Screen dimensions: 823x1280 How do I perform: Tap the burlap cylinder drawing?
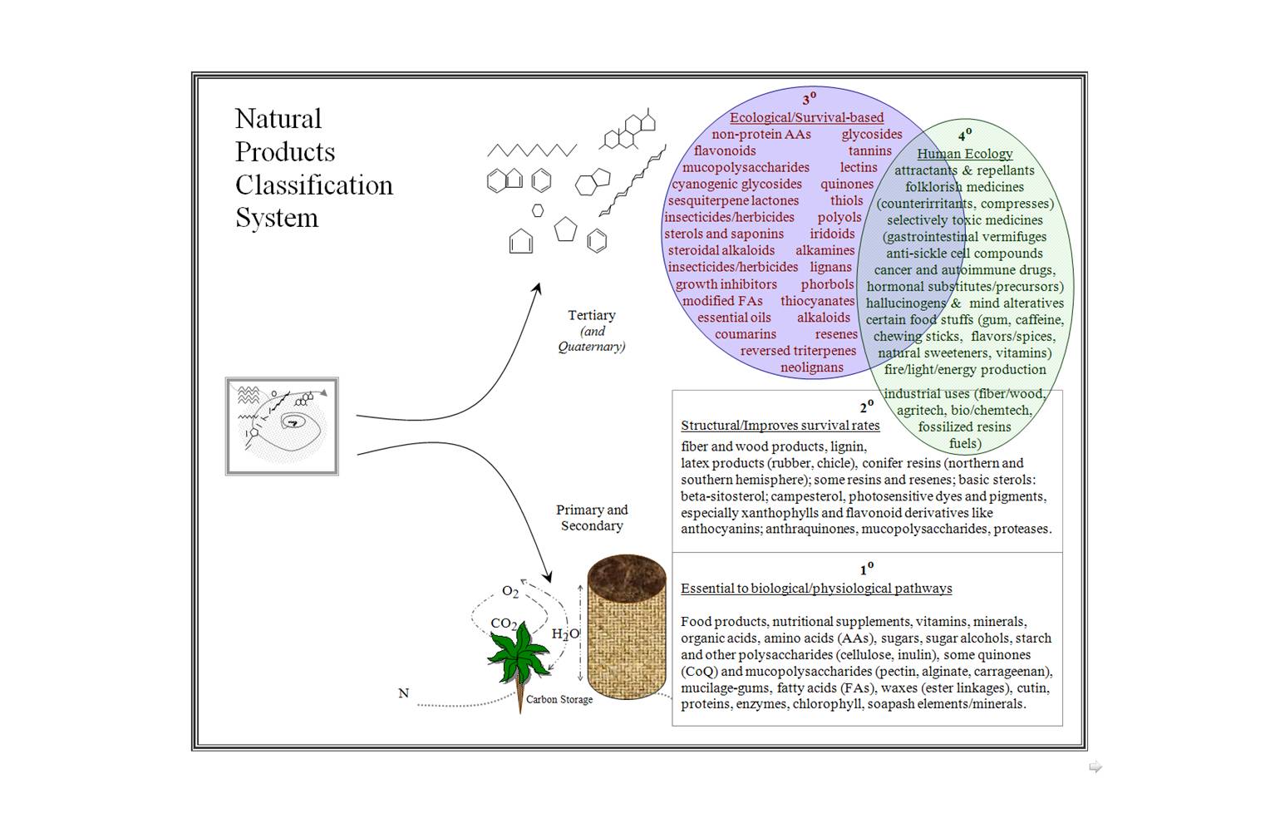pyautogui.click(x=626, y=629)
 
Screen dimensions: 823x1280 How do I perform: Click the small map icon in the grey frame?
pyautogui.click(x=282, y=426)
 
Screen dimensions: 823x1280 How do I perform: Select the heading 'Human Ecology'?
pyautogui.click(x=964, y=154)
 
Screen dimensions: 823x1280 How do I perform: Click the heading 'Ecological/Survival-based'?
pyautogui.click(x=806, y=118)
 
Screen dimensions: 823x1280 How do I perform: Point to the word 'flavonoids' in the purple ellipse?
pyautogui.click(x=725, y=151)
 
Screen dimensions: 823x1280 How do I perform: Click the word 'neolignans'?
pyautogui.click(x=811, y=367)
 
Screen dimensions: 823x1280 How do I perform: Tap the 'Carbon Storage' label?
pyautogui.click(x=559, y=700)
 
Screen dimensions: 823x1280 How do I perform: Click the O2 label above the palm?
pyautogui.click(x=510, y=592)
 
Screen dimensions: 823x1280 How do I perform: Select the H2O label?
pyautogui.click(x=565, y=633)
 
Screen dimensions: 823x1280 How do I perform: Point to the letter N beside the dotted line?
pyautogui.click(x=404, y=693)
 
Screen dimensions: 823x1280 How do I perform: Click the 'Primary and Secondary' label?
pyautogui.click(x=592, y=517)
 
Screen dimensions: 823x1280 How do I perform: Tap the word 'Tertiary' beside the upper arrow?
pyautogui.click(x=592, y=315)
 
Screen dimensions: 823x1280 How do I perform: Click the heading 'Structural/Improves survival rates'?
pyautogui.click(x=780, y=426)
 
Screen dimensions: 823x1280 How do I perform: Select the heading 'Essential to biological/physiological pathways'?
pyautogui.click(x=816, y=589)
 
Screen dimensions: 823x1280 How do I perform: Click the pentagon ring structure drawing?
pyautogui.click(x=565, y=229)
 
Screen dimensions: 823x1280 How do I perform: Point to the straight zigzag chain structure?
pyautogui.click(x=532, y=150)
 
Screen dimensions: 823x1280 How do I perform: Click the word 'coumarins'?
pyautogui.click(x=746, y=334)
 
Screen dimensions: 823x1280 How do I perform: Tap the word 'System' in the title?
pyautogui.click(x=277, y=218)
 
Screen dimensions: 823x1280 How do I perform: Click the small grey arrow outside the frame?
pyautogui.click(x=1095, y=767)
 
